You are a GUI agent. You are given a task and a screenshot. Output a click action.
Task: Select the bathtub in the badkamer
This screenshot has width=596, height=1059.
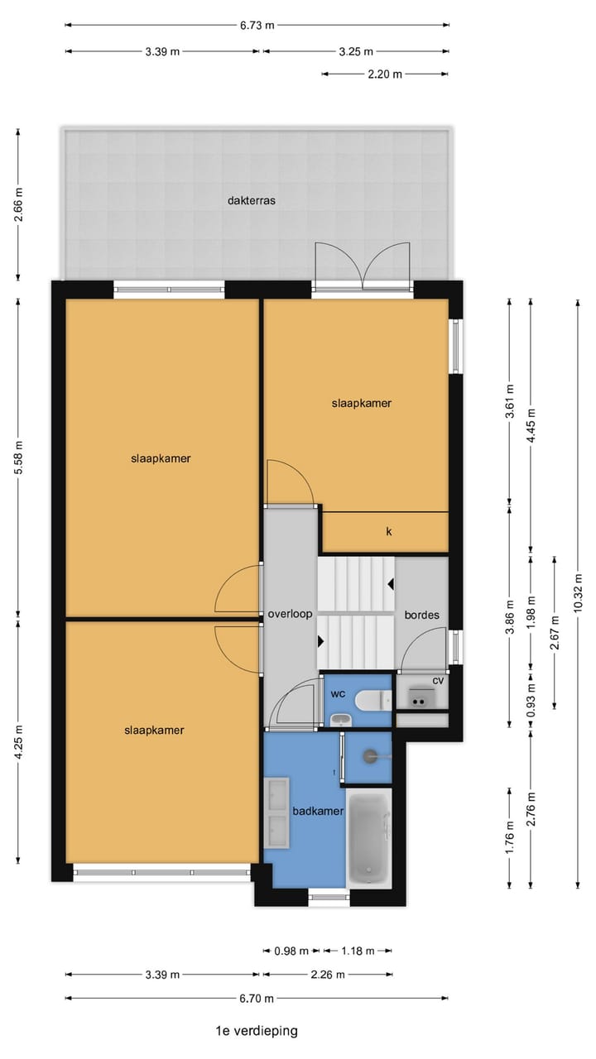368,839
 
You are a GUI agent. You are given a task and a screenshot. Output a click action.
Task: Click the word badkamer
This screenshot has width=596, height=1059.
318,812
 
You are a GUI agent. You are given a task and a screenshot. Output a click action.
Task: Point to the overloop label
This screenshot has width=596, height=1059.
290,615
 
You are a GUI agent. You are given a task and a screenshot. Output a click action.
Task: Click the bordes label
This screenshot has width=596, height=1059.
421,616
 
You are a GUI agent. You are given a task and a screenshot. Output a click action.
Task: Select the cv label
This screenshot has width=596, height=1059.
437,680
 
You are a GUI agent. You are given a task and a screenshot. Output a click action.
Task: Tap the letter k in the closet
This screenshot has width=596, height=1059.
388,531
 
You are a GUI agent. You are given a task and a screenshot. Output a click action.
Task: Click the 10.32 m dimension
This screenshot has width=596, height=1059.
578,592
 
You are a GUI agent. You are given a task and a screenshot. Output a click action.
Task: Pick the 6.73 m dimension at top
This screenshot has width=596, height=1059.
257,25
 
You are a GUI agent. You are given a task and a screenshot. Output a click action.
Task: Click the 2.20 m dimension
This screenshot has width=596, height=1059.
385,74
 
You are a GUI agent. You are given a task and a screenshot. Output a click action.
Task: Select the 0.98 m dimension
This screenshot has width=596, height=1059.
291,951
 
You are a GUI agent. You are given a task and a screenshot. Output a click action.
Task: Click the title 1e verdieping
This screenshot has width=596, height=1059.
256,1031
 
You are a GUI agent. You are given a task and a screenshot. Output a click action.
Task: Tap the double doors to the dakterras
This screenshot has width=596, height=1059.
362,265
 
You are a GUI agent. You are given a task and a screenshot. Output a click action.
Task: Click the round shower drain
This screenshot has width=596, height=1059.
369,755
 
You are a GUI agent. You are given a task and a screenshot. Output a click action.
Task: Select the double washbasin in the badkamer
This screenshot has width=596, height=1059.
276,812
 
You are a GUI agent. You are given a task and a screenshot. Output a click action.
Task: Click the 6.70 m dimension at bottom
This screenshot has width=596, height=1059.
257,999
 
